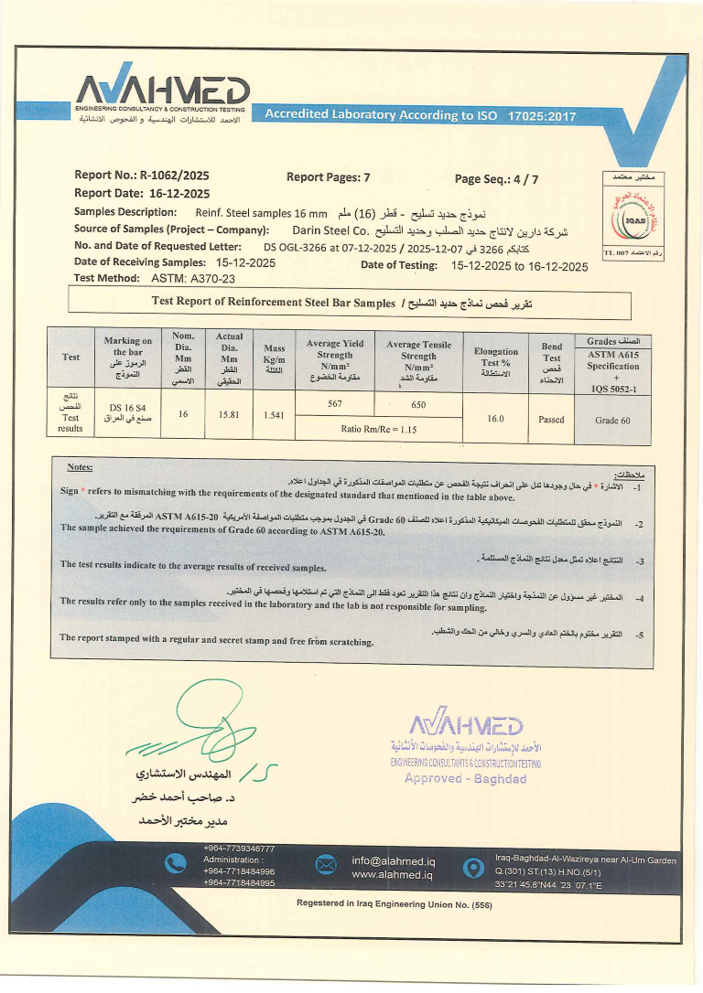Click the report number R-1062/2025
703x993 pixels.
tap(176, 176)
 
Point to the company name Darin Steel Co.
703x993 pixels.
tap(329, 230)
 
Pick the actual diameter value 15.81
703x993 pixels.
tap(229, 414)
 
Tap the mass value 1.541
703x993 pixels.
tap(275, 414)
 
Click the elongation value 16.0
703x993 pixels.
tap(496, 417)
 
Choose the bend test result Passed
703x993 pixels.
tap(552, 419)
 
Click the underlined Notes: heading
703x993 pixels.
tap(80, 467)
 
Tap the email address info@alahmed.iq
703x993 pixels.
tap(394, 860)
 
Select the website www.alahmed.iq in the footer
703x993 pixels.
tap(392, 875)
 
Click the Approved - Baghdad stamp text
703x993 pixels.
tap(465, 778)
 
